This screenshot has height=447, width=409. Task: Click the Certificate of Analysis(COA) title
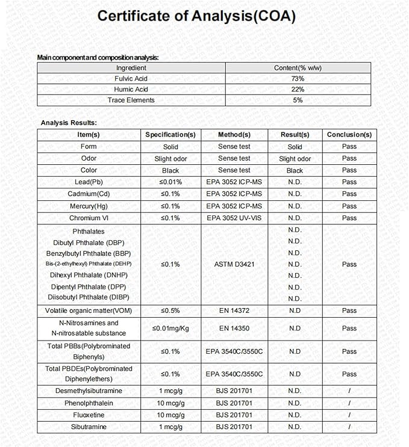coord(196,16)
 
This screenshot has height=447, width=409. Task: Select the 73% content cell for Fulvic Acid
coord(298,78)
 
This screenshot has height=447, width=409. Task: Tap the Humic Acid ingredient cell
coord(131,89)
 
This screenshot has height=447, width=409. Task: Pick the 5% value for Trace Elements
coord(298,100)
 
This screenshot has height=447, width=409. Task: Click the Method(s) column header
coord(234,135)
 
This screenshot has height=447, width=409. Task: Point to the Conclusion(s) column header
coord(349,135)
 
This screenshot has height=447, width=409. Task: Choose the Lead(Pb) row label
coord(89,182)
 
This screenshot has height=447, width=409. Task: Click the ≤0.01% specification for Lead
coord(170,182)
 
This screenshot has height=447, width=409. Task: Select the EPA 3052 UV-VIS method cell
coord(234,218)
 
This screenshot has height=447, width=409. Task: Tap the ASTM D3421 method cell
coord(234,264)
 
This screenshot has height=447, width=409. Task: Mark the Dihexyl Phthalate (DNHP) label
coord(88,275)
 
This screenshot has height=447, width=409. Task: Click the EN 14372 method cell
coord(234,310)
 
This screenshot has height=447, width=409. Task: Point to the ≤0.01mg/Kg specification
coord(170,328)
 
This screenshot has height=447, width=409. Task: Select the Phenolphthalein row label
coord(89,402)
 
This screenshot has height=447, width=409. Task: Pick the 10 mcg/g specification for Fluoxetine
coord(170,415)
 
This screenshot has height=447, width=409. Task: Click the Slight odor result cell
coord(295,159)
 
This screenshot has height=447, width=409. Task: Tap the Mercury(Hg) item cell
coord(89,206)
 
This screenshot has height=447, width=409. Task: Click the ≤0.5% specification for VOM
coord(170,310)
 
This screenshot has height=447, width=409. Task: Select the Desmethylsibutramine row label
coord(89,391)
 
